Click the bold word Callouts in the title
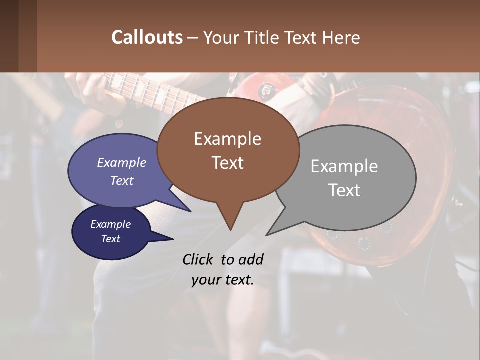[x=147, y=37]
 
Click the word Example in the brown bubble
[x=227, y=139]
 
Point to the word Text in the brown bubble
[x=227, y=163]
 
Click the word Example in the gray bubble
[x=344, y=166]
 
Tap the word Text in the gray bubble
[x=344, y=190]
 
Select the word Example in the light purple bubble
[x=122, y=163]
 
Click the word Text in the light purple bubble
[x=122, y=180]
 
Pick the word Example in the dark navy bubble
[x=110, y=224]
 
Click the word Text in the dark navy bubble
[x=110, y=239]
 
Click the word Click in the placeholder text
[x=199, y=260]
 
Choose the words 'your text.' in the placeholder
[x=222, y=280]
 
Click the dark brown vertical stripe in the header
[x=9, y=36]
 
